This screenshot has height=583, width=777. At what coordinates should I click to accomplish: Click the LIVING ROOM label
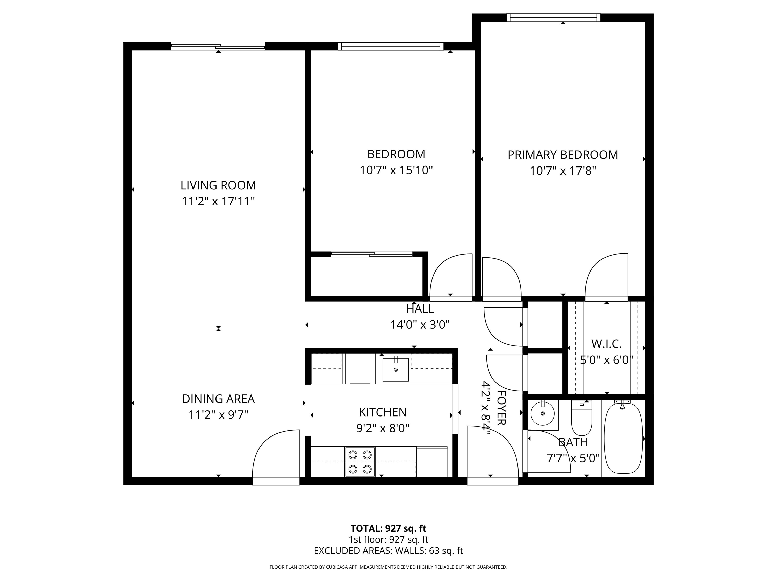[218, 185]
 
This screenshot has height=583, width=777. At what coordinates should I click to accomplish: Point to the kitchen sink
[396, 369]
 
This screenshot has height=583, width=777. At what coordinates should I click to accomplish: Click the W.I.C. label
[606, 344]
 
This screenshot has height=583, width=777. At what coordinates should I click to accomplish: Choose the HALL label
[420, 309]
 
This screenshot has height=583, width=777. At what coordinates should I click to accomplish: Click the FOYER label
[501, 408]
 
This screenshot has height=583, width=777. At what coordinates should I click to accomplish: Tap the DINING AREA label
[218, 399]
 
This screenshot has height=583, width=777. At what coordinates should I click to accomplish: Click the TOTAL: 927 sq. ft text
[388, 529]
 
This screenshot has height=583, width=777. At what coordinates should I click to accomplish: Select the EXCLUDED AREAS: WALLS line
[388, 551]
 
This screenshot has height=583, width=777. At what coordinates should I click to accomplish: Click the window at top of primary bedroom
[553, 17]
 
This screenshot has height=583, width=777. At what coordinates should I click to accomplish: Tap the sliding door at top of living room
[218, 46]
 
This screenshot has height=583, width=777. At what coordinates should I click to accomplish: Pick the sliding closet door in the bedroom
[371, 254]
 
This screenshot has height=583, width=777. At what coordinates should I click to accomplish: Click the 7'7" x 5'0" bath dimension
[573, 459]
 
